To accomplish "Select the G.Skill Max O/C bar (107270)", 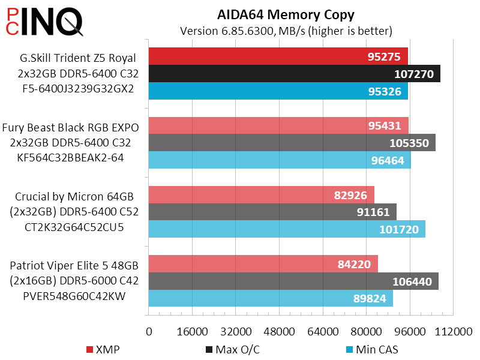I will (294, 74).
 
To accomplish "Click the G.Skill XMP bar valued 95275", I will (278, 57).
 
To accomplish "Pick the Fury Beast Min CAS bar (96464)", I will (280, 160).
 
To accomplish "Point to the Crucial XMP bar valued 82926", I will (261, 195).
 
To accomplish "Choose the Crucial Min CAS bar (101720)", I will (287, 229).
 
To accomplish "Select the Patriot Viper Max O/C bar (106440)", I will (293, 281).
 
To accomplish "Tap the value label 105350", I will (411, 143).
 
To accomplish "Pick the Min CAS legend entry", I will (372, 349).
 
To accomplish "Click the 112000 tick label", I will (453, 332).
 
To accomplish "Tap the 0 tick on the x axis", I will (149, 332).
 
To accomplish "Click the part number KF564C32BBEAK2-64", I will (74, 158).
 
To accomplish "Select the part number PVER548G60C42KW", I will (74, 296).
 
